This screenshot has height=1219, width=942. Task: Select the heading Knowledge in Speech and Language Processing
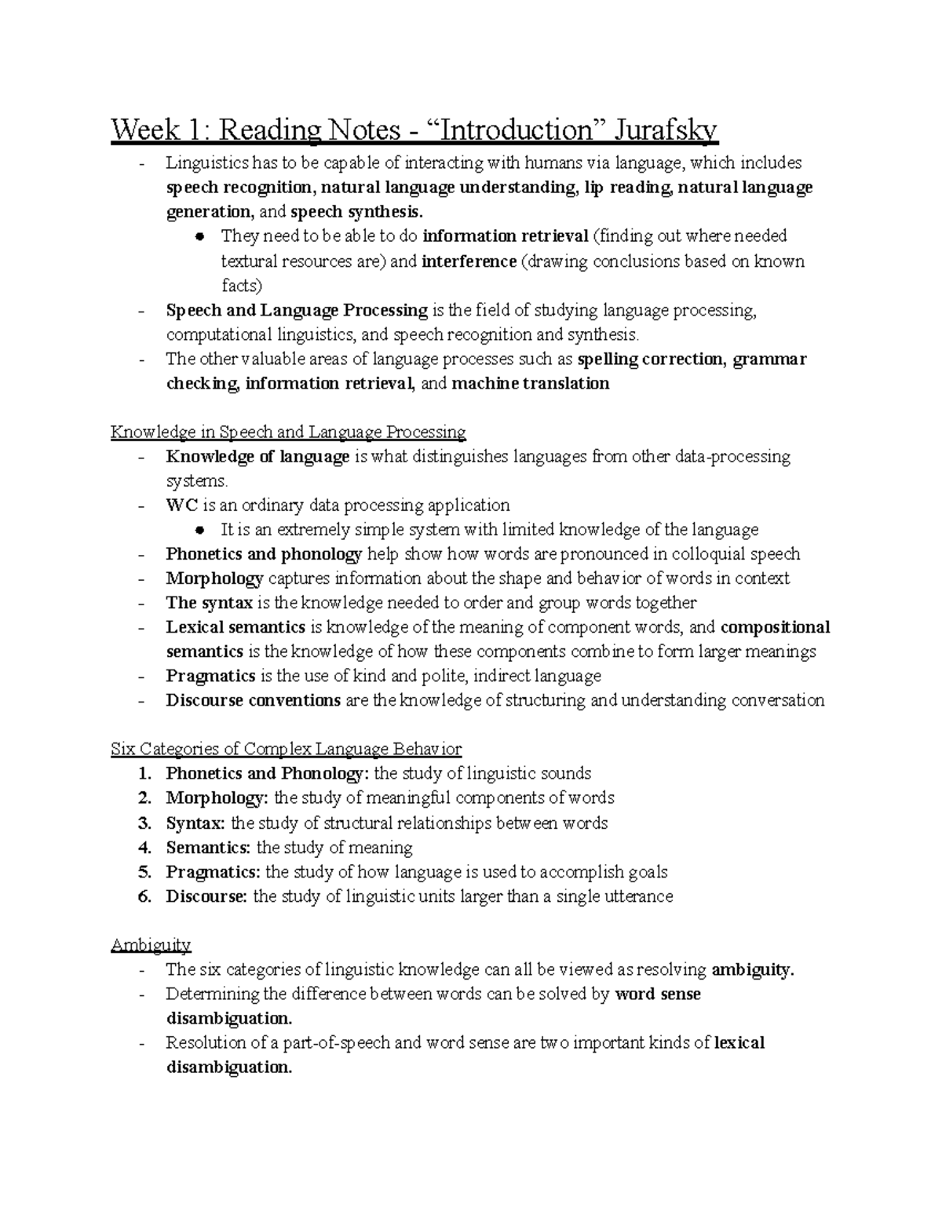point(288,432)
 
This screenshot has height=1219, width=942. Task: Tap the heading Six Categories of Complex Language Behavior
point(286,749)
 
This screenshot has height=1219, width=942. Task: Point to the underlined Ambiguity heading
point(151,944)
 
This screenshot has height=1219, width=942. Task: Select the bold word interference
point(469,261)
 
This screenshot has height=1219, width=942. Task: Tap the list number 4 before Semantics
point(144,847)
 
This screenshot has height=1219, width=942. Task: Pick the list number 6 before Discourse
point(144,896)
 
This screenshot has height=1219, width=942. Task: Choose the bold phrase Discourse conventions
point(253,700)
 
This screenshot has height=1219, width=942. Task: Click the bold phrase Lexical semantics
point(235,627)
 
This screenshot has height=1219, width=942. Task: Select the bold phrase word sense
point(658,994)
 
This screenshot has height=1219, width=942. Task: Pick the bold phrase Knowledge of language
point(257,457)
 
